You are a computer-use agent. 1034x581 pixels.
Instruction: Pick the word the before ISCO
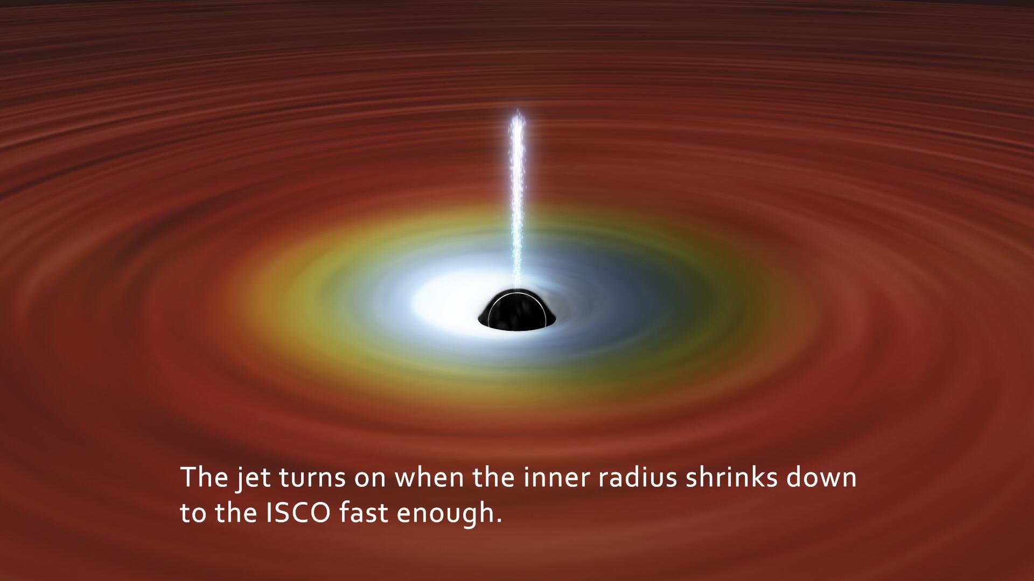pos(236,513)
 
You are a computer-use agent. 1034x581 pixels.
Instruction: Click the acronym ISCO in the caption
pos(298,513)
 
